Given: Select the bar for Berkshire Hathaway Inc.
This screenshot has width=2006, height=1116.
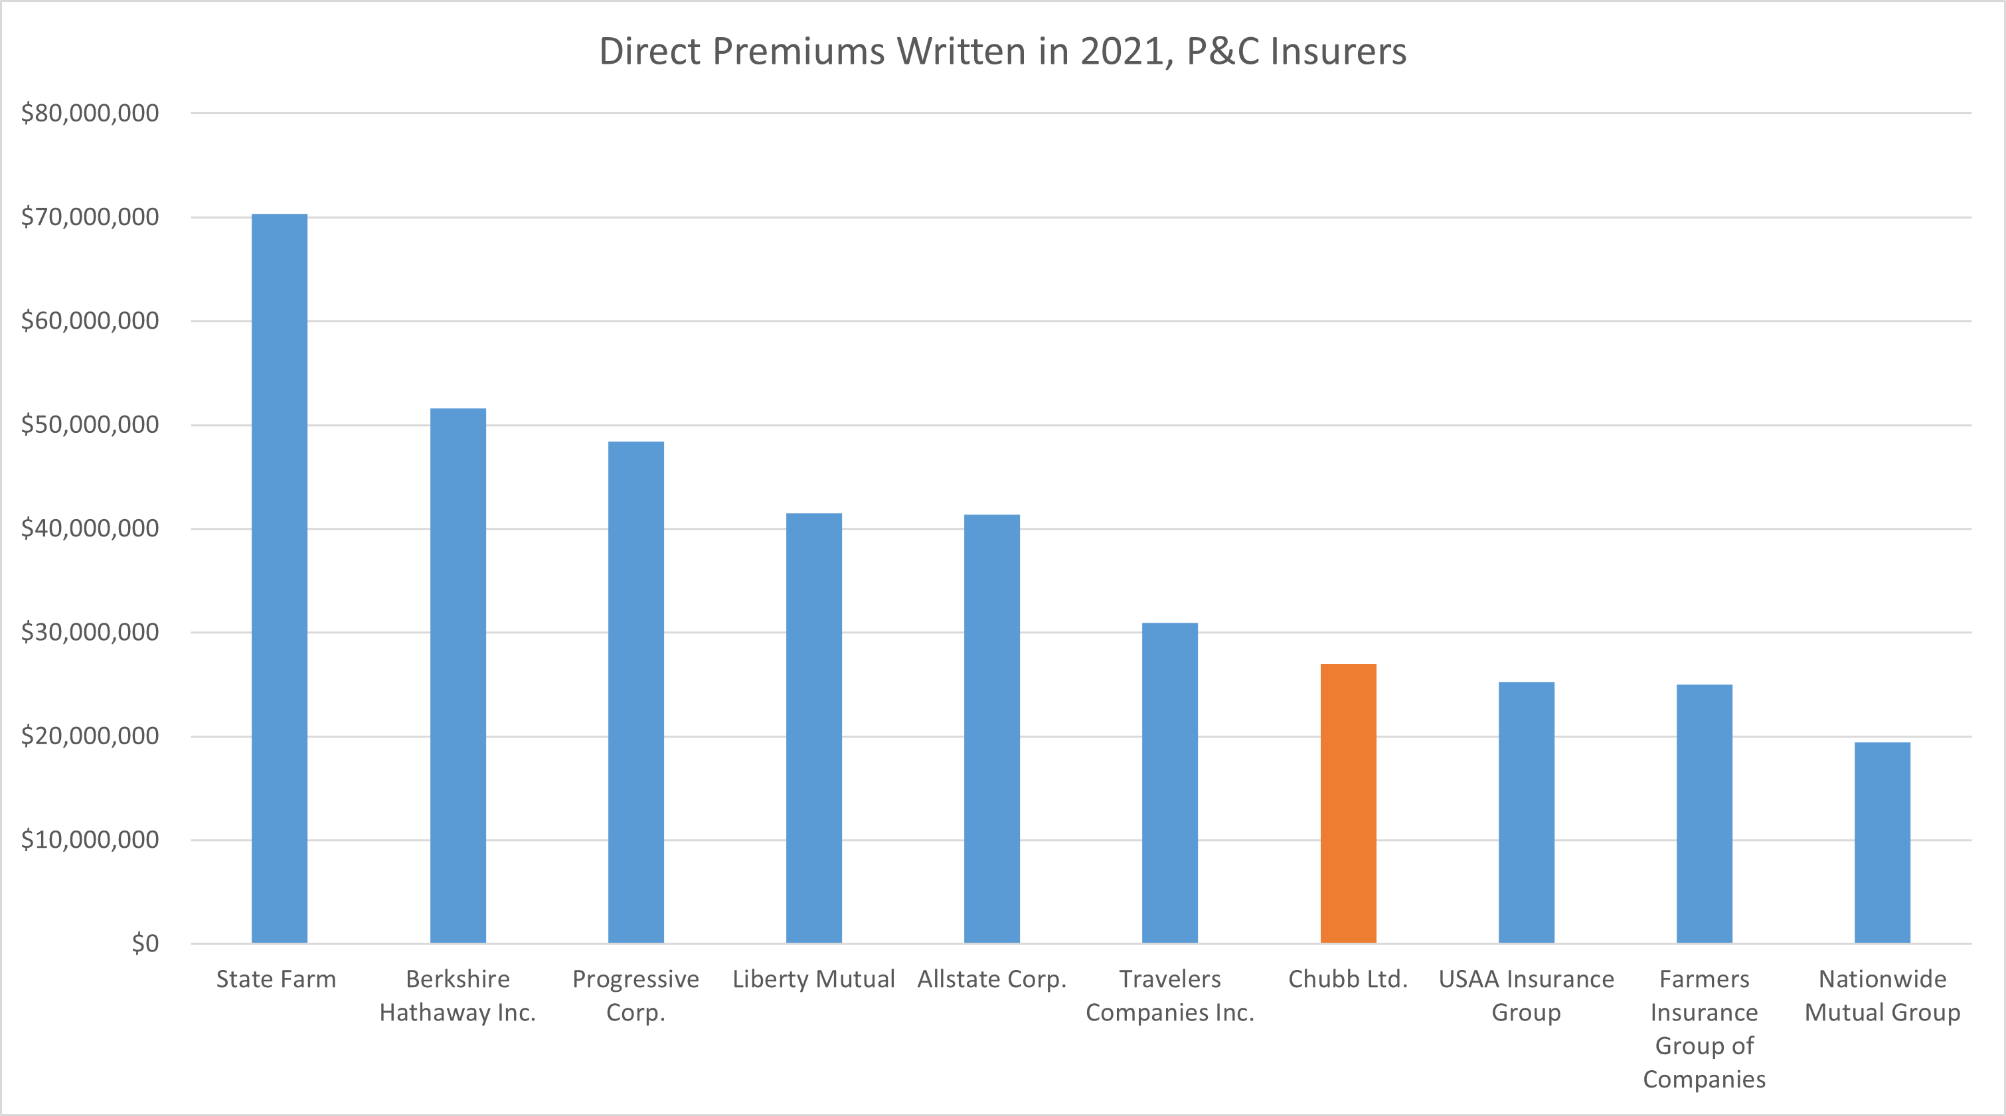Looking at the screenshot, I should [458, 675].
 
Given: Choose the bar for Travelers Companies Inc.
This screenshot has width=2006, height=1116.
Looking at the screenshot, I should [1169, 783].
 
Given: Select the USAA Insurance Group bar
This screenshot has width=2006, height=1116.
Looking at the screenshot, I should [1527, 813].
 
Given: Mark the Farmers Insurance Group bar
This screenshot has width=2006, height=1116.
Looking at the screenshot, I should [1704, 814].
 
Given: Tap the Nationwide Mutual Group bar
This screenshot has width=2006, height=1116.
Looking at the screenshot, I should [1882, 842].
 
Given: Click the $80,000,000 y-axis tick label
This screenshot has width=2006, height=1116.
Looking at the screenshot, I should [90, 114].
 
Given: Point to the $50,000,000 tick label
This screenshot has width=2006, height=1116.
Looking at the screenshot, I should [90, 425].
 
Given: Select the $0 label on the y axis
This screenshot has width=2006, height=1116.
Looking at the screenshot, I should [145, 944].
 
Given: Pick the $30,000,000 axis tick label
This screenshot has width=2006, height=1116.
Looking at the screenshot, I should [90, 633].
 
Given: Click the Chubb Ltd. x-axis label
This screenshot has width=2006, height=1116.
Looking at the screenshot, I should [1348, 979].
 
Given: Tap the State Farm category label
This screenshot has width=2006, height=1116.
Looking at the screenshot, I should [276, 979].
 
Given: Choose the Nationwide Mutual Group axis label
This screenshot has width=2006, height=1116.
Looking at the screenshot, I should [1882, 995].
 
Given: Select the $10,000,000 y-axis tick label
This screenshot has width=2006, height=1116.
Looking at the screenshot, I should [90, 840].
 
